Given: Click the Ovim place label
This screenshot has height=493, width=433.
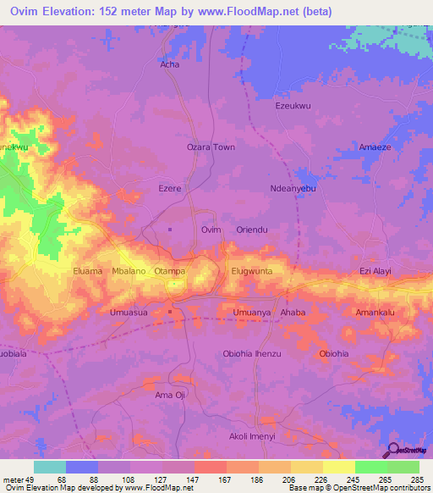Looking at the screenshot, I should [x=211, y=230].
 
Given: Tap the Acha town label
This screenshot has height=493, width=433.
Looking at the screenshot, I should [x=169, y=64].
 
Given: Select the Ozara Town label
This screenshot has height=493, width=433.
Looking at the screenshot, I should [x=211, y=147].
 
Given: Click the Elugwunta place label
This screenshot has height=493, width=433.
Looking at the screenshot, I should [x=252, y=271].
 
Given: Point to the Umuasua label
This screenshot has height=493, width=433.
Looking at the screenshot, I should [x=129, y=313].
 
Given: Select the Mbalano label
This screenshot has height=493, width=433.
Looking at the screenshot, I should [x=129, y=271].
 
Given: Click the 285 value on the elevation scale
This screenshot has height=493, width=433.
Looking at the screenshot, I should [x=415, y=479].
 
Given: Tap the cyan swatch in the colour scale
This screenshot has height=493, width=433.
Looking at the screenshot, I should [x=50, y=467].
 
